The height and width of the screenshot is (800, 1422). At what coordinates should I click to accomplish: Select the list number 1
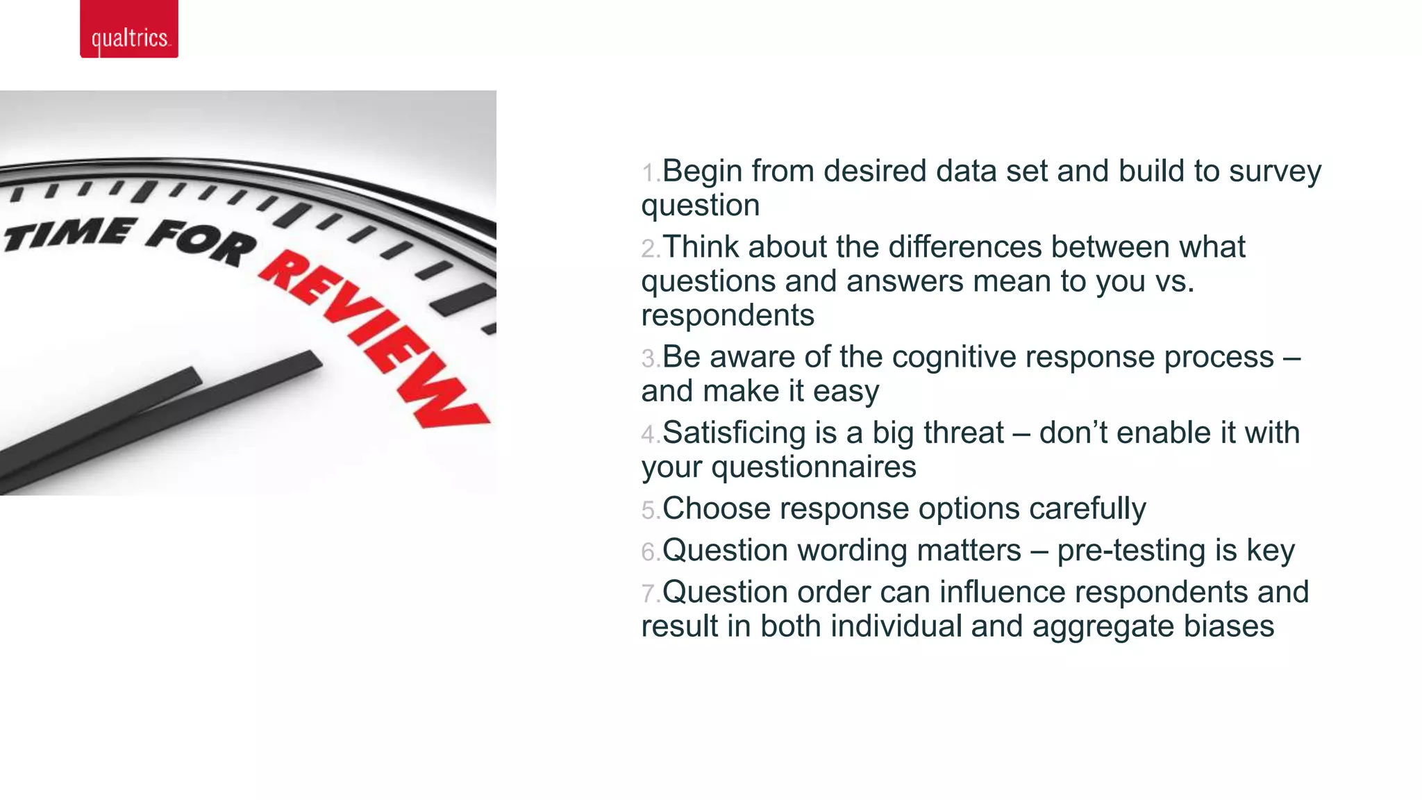tap(649, 173)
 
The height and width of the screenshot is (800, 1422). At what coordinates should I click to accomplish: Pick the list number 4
tap(649, 435)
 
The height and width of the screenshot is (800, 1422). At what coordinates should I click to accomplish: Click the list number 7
tap(649, 594)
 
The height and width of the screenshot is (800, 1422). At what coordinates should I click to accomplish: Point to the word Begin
tap(702, 171)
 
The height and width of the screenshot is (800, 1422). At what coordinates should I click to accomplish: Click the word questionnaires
tap(814, 467)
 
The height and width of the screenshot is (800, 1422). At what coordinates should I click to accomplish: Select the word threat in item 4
tap(964, 433)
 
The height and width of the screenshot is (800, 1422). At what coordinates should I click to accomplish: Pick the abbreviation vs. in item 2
tap(1174, 281)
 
